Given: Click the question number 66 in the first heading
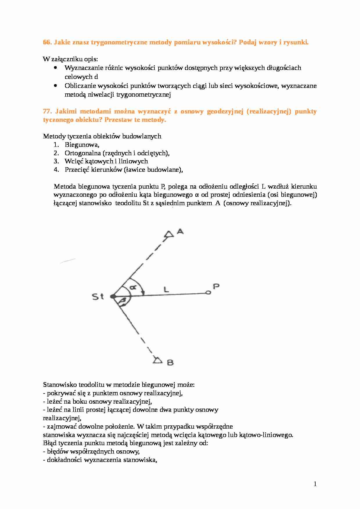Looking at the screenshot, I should pos(47,42).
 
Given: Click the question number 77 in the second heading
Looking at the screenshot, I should pos(47,111).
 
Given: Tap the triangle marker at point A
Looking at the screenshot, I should pos(169,234).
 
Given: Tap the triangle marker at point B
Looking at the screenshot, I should pos(158,360).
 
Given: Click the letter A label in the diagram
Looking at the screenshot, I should pos(180,231).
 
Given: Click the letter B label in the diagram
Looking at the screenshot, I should pos(170,362).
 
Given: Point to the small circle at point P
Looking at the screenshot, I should pos(208,293).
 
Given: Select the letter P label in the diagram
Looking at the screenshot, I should pos(216,286).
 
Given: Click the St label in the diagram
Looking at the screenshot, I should pos(98,297).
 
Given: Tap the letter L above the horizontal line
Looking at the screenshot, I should pos(166,289).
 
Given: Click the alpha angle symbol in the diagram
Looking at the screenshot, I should pos(133,287).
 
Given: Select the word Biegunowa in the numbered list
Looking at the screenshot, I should pos(82,145).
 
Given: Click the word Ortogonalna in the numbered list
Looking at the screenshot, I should pos(83,153).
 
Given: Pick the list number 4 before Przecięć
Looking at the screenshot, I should pos(56,170).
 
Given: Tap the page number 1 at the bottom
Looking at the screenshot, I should pos(315,484).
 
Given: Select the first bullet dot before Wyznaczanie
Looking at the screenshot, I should pos(56,68).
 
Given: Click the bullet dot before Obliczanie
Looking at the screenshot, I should pos(56,86).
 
